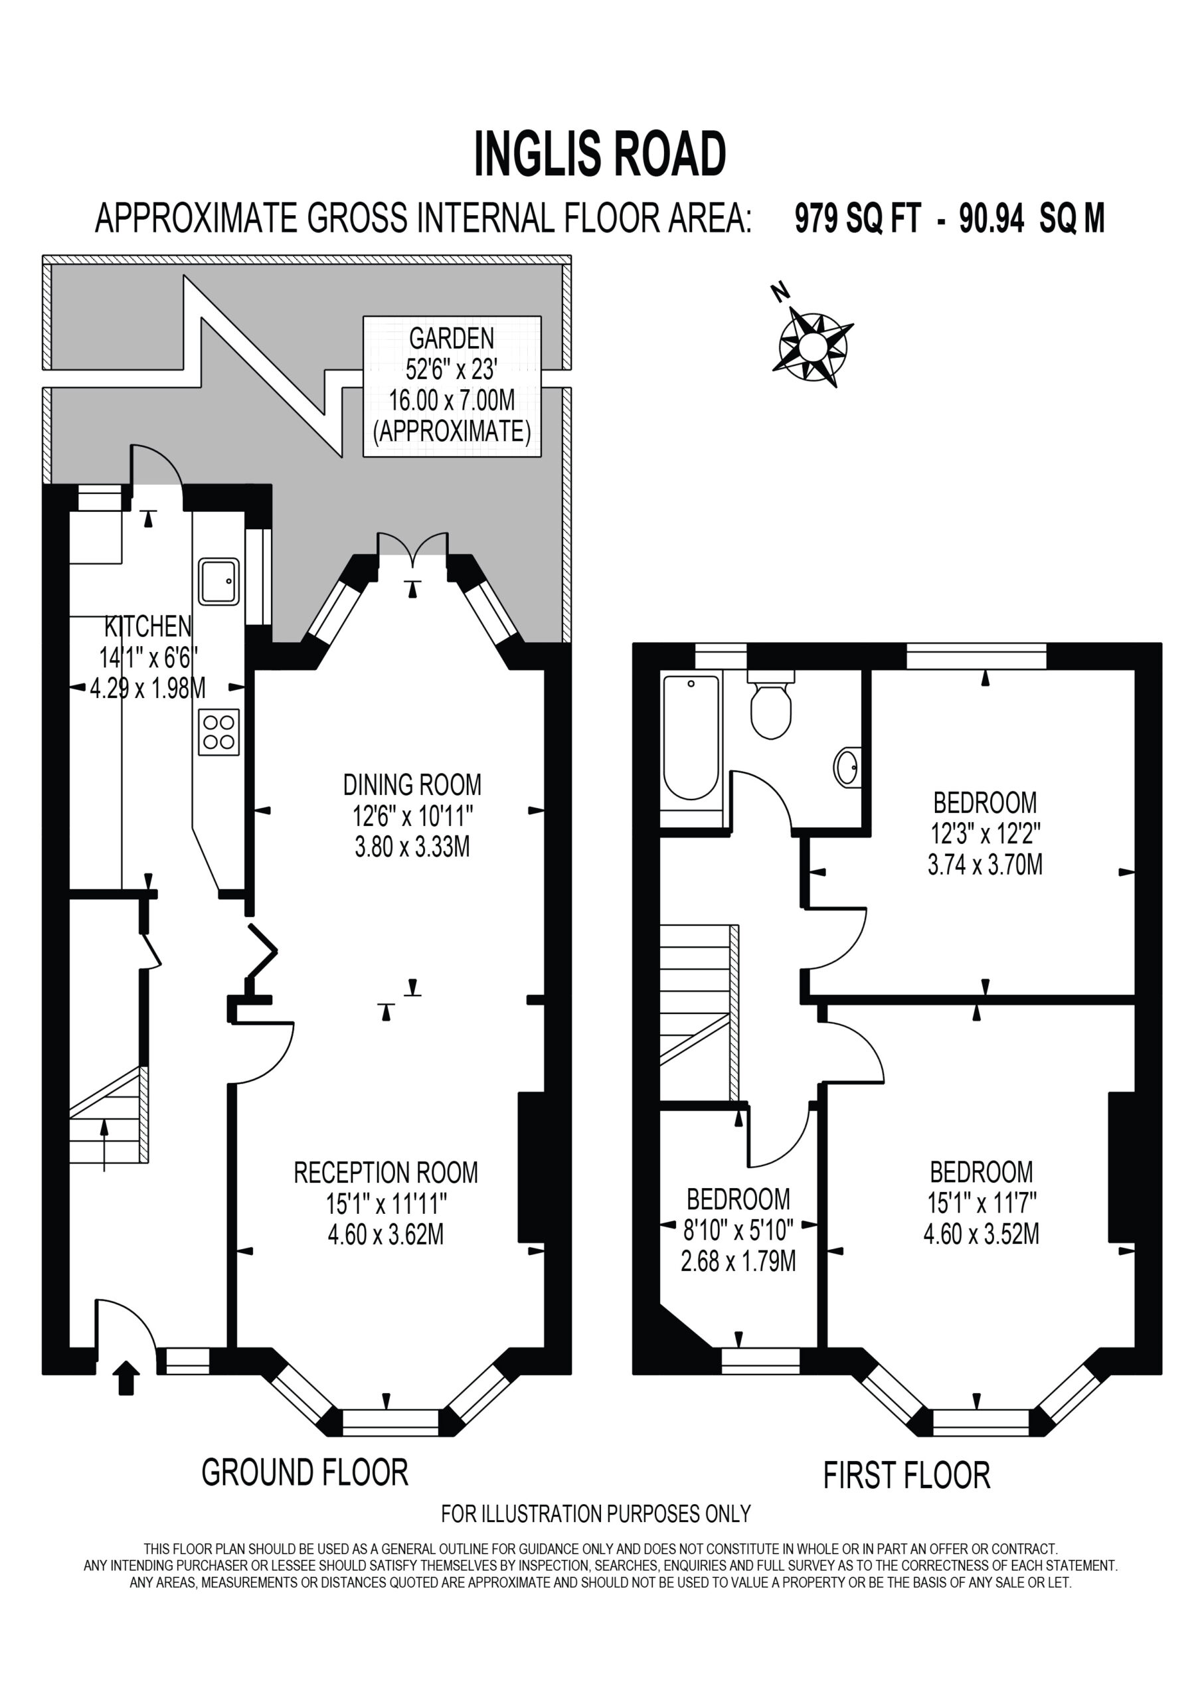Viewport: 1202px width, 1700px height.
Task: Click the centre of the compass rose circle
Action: coord(812,346)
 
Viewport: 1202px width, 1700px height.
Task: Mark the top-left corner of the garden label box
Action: coord(364,317)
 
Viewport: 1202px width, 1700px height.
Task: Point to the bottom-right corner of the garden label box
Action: coord(541,457)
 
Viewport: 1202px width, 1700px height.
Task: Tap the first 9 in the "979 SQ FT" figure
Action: coord(802,218)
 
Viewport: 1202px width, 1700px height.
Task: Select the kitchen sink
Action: coord(218,581)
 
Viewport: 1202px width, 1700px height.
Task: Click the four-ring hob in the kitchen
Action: coord(218,732)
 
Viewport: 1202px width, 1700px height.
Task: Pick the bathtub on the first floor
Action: coord(691,738)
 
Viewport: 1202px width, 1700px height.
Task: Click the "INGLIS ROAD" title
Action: coord(600,154)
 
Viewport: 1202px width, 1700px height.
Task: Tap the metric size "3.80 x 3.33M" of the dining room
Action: coord(412,846)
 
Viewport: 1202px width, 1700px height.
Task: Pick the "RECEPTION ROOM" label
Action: coord(386,1172)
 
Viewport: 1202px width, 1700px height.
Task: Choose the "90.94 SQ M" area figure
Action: coord(1031,218)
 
